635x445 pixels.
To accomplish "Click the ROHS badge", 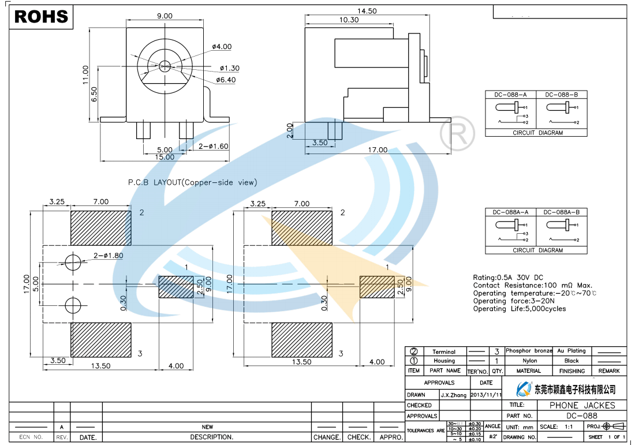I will [41, 17].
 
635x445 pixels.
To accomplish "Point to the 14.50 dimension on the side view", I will [367, 11].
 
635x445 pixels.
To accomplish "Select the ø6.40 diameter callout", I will [226, 80].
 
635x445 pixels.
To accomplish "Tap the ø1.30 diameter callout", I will [229, 68].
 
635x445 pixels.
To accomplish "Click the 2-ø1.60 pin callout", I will [214, 146].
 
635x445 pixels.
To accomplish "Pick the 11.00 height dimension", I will [85, 75].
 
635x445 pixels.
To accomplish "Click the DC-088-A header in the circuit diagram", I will [510, 95].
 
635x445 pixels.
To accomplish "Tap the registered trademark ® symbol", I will [457, 134].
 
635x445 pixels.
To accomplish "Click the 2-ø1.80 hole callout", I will [108, 255].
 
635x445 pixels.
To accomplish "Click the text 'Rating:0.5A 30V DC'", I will [508, 278].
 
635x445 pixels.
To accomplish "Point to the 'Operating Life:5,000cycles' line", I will [520, 309].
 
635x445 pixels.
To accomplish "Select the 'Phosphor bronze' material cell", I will [529, 351].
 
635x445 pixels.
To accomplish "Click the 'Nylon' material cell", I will [529, 361].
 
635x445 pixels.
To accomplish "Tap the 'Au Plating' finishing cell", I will [571, 351].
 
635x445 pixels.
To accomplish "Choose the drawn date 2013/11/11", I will [487, 395].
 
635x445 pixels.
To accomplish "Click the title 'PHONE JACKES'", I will [582, 405].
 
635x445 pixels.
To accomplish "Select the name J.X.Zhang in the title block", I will [454, 395].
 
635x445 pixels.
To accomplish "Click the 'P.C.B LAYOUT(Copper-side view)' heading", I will [192, 182].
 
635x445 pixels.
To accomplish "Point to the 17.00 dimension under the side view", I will [378, 150].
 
